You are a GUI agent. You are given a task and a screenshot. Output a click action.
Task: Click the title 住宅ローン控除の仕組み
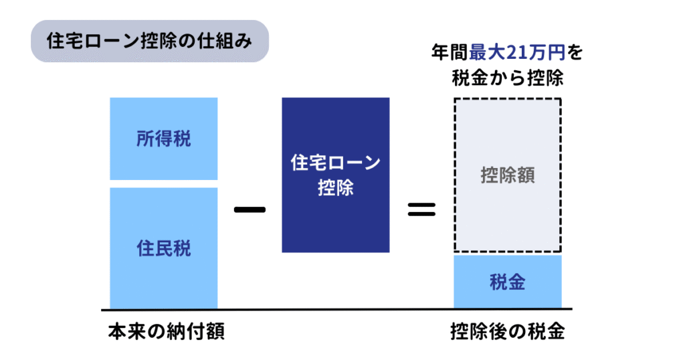pos(150,41)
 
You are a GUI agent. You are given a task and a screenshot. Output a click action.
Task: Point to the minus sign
pos(250,209)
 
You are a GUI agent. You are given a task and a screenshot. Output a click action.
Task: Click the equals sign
pos(421,209)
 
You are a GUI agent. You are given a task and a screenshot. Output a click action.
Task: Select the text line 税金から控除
pos(508,78)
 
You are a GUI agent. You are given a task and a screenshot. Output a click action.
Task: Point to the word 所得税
pos(164,139)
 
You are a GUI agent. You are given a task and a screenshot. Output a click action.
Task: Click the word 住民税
pos(164,248)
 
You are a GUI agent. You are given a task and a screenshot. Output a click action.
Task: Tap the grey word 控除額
pos(508,176)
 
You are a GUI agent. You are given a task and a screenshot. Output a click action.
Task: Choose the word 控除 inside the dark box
pos(335,188)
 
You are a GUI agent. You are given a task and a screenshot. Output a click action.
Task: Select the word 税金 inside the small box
pos(508,282)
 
